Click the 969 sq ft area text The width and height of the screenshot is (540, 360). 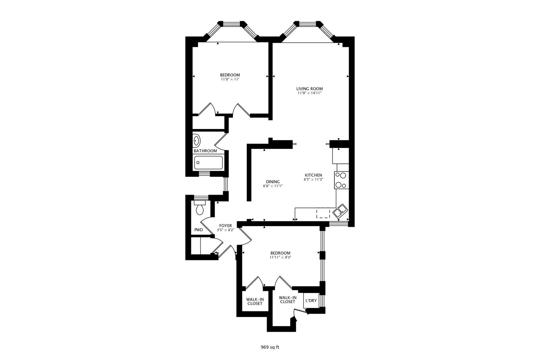[x=270, y=347]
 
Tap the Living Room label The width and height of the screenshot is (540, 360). [x=310, y=89]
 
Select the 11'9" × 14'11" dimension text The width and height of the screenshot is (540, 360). [x=310, y=93]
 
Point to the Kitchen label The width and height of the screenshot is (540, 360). [x=313, y=175]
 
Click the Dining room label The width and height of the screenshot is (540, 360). [x=273, y=182]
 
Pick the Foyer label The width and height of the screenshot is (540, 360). [x=225, y=226]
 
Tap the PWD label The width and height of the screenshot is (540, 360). [x=199, y=230]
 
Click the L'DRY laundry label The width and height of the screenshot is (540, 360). [x=311, y=301]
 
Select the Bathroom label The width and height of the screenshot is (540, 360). [x=205, y=151]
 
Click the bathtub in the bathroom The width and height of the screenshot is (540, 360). [x=209, y=163]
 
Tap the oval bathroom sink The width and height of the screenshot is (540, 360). [x=197, y=141]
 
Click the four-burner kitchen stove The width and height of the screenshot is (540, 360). [x=342, y=180]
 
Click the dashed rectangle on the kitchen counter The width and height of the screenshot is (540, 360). [x=323, y=213]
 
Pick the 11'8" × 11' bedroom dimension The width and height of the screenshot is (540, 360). [x=230, y=79]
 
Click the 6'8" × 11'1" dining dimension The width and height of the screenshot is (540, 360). [x=273, y=186]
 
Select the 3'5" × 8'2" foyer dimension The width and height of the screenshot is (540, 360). [x=225, y=230]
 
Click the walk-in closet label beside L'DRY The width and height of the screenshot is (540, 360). [x=288, y=300]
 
